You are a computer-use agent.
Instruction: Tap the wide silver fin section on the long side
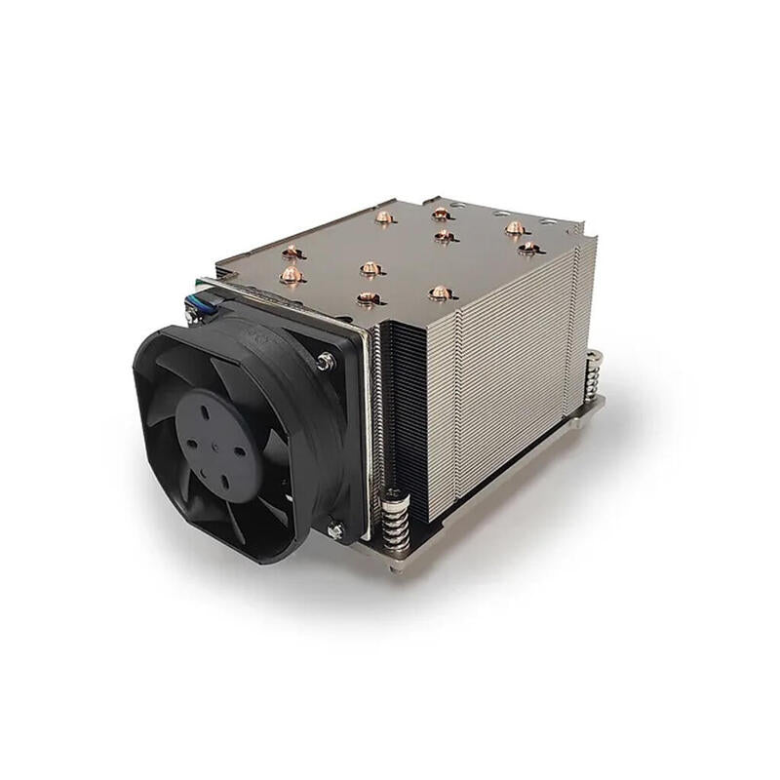497,370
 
